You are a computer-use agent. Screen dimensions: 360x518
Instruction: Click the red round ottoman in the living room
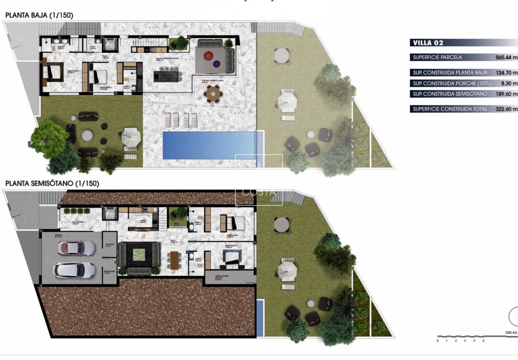point(207,56)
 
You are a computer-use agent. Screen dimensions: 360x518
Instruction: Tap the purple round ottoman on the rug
point(216,63)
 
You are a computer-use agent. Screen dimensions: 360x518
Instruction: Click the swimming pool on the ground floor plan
point(212,145)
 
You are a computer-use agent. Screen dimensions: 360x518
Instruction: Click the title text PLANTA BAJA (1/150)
point(39,15)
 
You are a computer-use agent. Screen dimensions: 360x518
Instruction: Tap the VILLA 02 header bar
point(428,43)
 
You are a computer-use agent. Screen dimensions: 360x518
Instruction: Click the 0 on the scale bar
point(437,341)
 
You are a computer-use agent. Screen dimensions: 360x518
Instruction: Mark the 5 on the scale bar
point(483,341)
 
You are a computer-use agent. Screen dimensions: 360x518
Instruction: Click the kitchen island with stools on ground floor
point(165,76)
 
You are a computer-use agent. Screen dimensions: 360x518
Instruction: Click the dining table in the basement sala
point(174,260)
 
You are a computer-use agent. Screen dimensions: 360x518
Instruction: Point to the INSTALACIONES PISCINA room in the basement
point(222,277)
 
